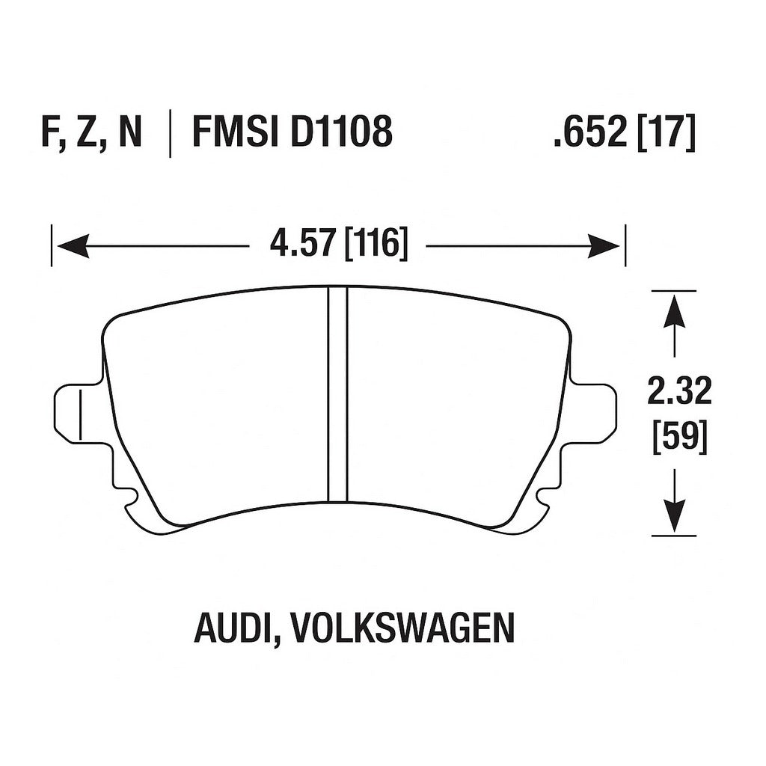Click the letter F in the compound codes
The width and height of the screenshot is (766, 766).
tap(49, 133)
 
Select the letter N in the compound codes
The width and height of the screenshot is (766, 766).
tap(128, 133)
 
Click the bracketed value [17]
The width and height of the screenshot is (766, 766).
tap(667, 133)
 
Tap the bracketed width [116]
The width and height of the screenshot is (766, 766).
tap(376, 245)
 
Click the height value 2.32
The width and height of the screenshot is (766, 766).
tap(679, 392)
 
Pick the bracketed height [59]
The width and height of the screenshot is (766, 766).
tap(679, 435)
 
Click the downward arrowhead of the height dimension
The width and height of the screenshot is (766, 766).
tap(675, 516)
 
